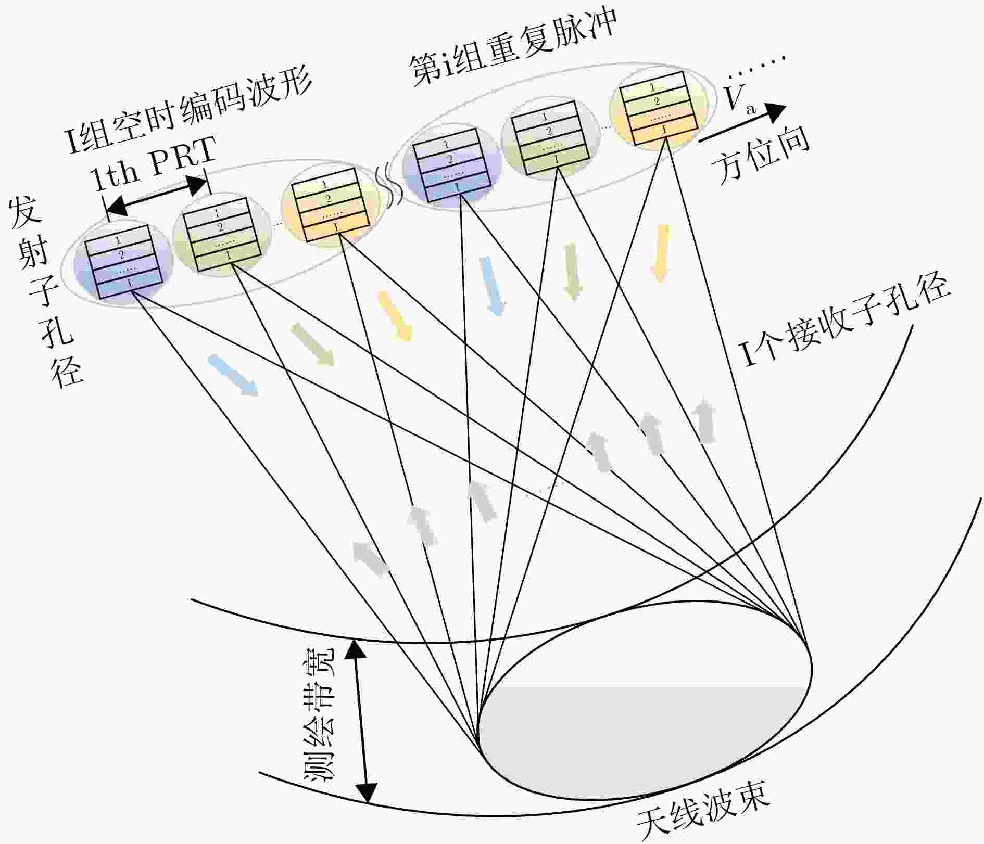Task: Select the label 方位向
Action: (x=761, y=154)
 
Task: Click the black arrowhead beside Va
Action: (x=776, y=112)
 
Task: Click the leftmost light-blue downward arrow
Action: (x=233, y=374)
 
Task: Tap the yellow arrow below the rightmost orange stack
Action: (x=660, y=253)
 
